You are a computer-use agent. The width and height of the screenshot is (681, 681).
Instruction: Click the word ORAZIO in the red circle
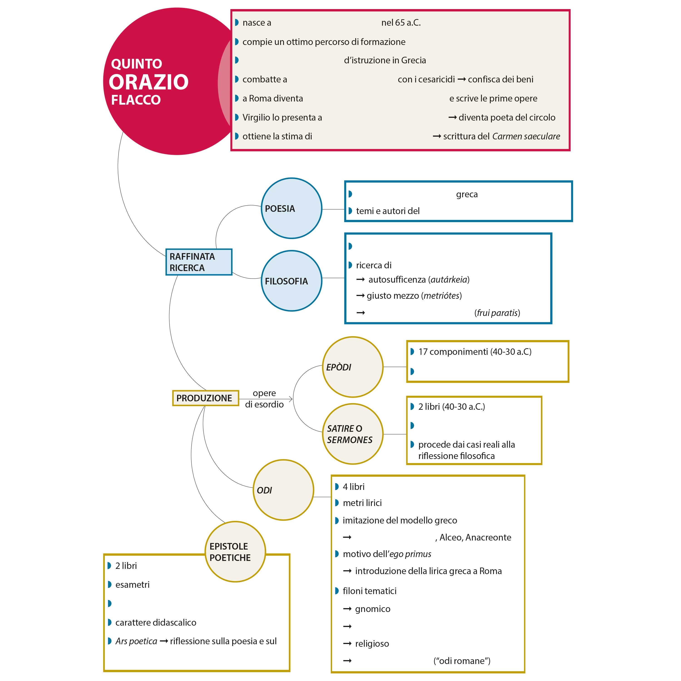tap(148, 82)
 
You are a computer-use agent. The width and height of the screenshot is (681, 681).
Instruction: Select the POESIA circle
tap(291, 208)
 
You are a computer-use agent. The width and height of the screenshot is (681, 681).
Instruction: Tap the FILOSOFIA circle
tap(291, 281)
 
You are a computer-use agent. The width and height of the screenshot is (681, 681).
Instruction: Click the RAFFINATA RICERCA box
tap(199, 262)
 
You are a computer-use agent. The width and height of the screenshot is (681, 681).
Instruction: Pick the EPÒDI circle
tap(353, 367)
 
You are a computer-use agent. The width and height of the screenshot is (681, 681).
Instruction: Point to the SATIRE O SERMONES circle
tap(353, 434)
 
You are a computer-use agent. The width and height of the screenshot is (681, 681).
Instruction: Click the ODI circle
tap(283, 490)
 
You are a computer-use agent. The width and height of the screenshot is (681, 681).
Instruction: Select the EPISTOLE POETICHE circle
tap(235, 552)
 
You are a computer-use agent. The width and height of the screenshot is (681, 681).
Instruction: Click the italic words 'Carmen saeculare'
tap(526, 136)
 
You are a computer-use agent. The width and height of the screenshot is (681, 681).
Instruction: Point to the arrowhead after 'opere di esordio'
tap(291, 399)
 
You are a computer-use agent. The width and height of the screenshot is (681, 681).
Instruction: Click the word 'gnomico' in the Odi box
tap(373, 609)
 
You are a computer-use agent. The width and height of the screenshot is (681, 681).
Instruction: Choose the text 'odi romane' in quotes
tap(462, 661)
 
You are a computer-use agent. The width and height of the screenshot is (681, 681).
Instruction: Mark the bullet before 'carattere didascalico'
tap(110, 622)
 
